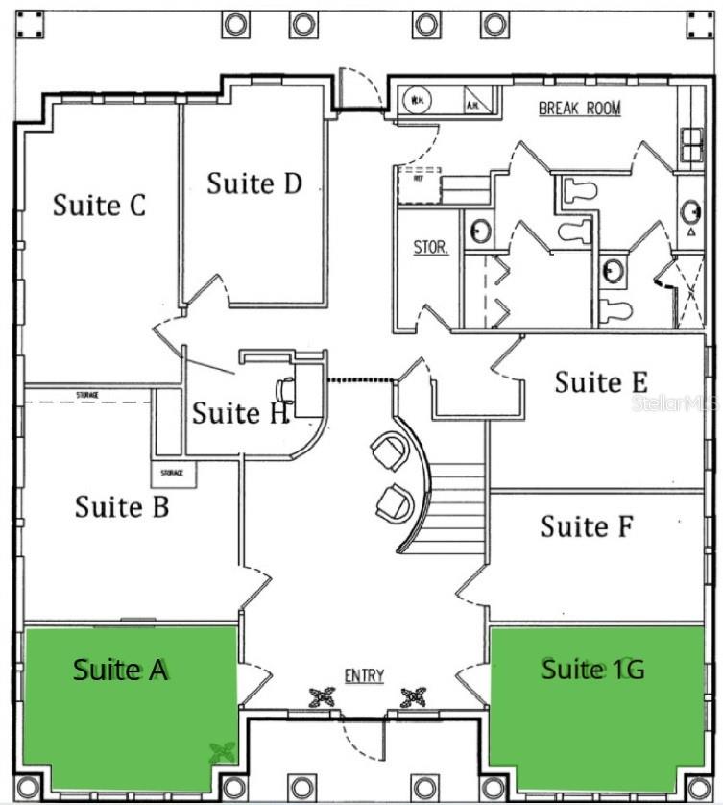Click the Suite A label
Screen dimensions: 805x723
[121, 670]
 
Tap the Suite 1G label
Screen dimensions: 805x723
[591, 669]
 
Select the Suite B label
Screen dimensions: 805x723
[122, 505]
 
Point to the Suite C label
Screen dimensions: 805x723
[99, 205]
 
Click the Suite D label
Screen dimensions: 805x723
[254, 183]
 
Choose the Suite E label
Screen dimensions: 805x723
[601, 381]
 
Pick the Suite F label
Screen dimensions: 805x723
[587, 525]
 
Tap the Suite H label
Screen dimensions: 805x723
[239, 413]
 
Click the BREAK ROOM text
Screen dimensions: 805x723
[579, 109]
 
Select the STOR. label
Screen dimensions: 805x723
[430, 247]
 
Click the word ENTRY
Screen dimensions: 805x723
[364, 676]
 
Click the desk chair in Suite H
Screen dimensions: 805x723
[285, 389]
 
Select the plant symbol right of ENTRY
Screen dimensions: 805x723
[413, 695]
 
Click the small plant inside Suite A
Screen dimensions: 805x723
[223, 753]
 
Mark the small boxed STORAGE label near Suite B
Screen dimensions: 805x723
[173, 474]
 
